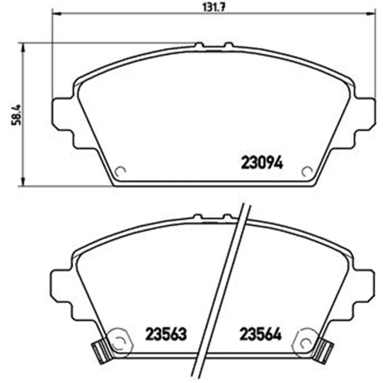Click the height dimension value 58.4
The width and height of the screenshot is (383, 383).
(17, 115)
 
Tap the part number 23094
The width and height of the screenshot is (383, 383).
(262, 163)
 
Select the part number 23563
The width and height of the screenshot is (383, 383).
(166, 334)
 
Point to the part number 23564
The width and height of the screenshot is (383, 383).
(260, 334)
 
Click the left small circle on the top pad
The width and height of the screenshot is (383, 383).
(121, 171)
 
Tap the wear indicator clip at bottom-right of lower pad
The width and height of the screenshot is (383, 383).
(324, 350)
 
